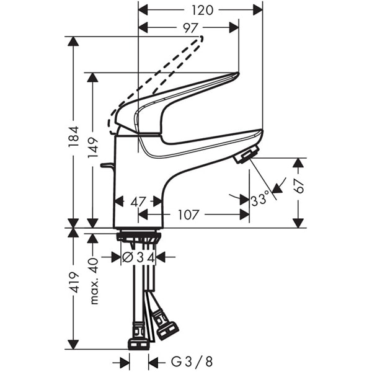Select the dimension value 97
click(x=190, y=28)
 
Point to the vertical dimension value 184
click(x=74, y=141)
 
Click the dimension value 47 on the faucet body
click(x=138, y=201)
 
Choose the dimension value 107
click(x=188, y=215)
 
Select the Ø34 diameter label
click(x=137, y=257)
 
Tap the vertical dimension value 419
click(x=74, y=282)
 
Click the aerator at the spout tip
click(x=246, y=156)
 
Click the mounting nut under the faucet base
click(x=138, y=237)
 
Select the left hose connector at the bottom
click(x=138, y=343)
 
